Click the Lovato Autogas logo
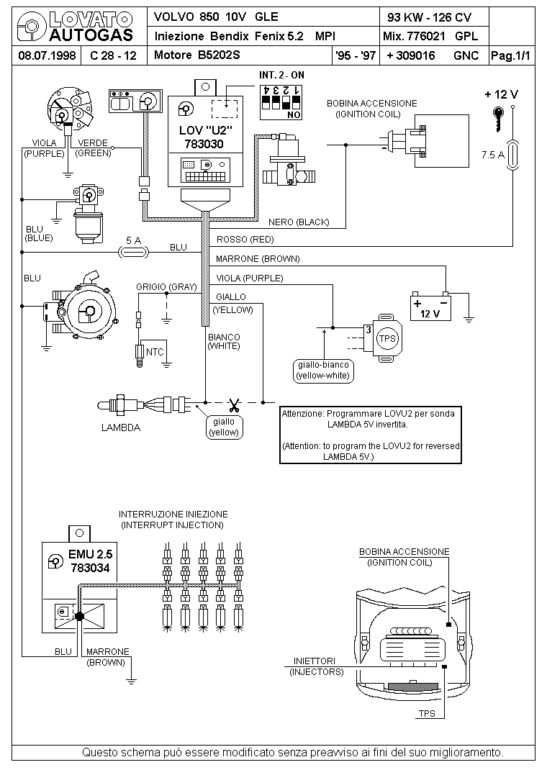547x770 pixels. (x=75, y=27)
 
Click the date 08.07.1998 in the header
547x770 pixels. (x=47, y=55)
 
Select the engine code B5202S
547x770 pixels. (x=219, y=55)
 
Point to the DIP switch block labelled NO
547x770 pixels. (x=281, y=103)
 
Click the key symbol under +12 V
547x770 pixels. (x=498, y=118)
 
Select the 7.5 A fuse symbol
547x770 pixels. (x=512, y=155)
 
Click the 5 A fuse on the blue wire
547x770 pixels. (x=134, y=253)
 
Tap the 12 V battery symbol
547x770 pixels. (x=430, y=307)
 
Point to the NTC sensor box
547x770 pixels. (x=154, y=352)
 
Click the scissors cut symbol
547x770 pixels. (x=234, y=405)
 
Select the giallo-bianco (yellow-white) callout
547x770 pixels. (x=323, y=371)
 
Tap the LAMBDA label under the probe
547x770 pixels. (x=121, y=427)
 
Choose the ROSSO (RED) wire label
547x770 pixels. (x=245, y=240)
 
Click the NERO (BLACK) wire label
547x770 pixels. (x=299, y=222)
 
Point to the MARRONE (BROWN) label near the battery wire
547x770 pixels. (x=258, y=259)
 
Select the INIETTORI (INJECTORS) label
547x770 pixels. (x=316, y=666)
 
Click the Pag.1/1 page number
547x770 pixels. (x=510, y=55)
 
